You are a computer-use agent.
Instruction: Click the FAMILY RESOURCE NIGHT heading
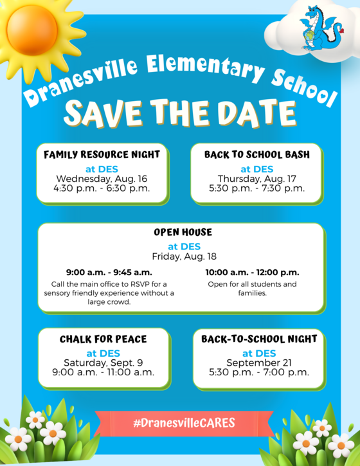coord(102,154)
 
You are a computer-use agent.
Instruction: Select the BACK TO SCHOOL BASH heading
coord(257,154)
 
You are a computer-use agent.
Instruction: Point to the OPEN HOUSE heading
coord(183,232)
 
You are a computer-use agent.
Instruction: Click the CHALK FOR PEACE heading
coord(104,339)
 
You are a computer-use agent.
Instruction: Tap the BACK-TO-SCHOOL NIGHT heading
coord(259,339)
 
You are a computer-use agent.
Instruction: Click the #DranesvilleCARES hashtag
coord(184,423)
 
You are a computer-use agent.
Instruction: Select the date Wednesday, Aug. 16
coord(102,179)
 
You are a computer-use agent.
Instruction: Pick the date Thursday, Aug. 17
coord(257,179)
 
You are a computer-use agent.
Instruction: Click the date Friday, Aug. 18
coord(184,256)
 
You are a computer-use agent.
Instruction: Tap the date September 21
coord(259,363)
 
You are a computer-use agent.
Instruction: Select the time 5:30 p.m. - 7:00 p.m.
coord(259,372)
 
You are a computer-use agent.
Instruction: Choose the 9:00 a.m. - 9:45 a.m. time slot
coord(109,273)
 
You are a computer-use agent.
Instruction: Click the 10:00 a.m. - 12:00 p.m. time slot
coord(253,273)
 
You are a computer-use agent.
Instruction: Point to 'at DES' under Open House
coord(184,246)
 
